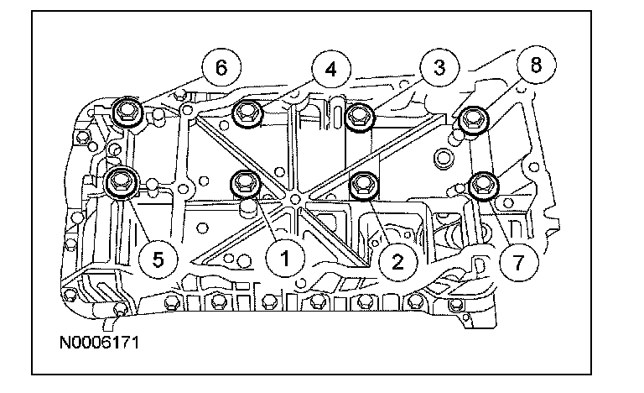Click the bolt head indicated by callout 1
pyautogui.click(x=245, y=181)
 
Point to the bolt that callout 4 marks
pyautogui.click(x=248, y=113)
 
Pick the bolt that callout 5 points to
pyautogui.click(x=123, y=180)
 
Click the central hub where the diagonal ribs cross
pyautogui.click(x=294, y=198)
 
